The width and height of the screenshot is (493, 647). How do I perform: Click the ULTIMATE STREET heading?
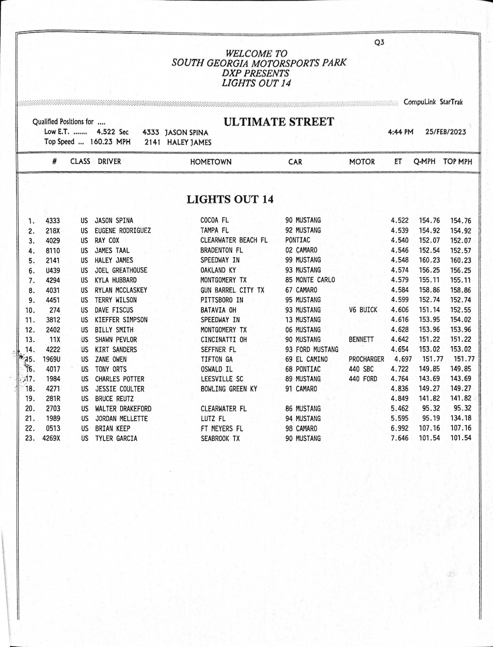279,122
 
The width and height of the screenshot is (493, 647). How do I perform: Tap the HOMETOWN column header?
211,162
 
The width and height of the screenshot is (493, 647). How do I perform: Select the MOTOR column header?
362,162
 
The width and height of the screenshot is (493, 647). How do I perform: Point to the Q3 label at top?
379,42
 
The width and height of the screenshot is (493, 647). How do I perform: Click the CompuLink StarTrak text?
433,102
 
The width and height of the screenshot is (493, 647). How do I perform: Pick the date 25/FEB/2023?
445,132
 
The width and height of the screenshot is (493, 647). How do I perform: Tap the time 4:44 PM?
400,132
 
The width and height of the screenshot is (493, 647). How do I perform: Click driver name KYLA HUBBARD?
116,280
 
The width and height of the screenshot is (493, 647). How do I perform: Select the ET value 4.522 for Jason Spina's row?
399,220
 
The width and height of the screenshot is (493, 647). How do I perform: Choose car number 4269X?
51,438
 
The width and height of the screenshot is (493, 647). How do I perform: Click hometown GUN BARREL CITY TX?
232,290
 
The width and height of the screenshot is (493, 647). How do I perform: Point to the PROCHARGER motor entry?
367,359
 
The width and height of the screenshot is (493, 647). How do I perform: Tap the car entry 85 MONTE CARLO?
310,280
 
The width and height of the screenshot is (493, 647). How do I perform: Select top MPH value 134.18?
460,419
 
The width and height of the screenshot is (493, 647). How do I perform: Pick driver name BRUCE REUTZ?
114,399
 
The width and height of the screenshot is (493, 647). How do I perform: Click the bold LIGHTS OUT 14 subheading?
230,200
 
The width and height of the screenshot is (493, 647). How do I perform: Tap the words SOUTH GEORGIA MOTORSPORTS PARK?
259,63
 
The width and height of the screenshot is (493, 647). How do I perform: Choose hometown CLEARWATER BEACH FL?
234,240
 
